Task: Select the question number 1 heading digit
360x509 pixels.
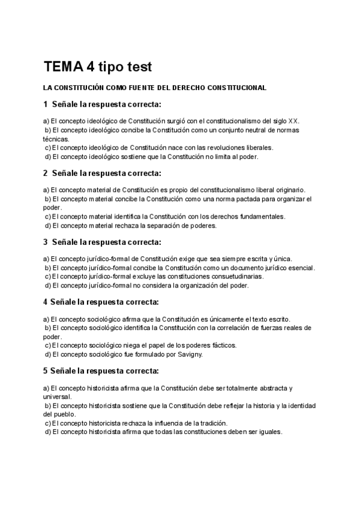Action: (x=46, y=104)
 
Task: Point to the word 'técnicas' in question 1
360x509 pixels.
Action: (x=56, y=139)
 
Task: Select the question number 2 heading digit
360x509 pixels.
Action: (x=46, y=173)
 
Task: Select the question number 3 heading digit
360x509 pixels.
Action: (x=46, y=242)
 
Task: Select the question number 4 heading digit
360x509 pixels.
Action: (x=46, y=302)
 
